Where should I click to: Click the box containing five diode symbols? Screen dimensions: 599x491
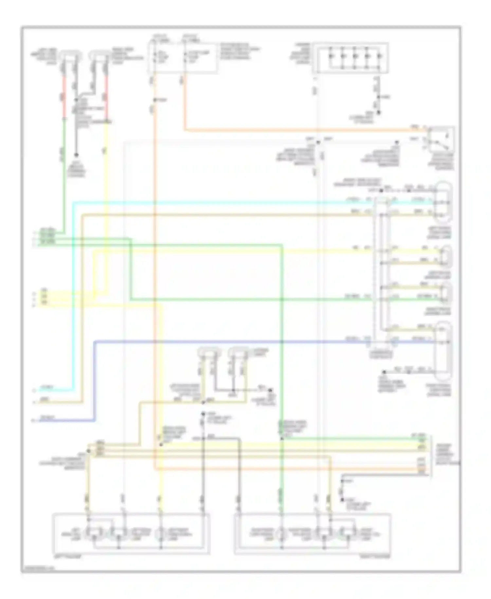click(x=350, y=58)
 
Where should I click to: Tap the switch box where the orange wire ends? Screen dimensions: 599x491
click(x=441, y=139)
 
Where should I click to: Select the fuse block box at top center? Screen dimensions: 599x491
click(x=182, y=58)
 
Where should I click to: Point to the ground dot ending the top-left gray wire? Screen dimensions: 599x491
click(x=76, y=155)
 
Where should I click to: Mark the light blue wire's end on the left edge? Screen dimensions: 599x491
click(x=36, y=389)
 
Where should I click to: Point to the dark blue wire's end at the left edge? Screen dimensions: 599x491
click(x=36, y=420)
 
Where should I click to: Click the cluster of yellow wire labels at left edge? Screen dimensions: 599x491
click(x=45, y=297)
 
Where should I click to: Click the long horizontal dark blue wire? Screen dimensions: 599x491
click(x=229, y=342)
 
